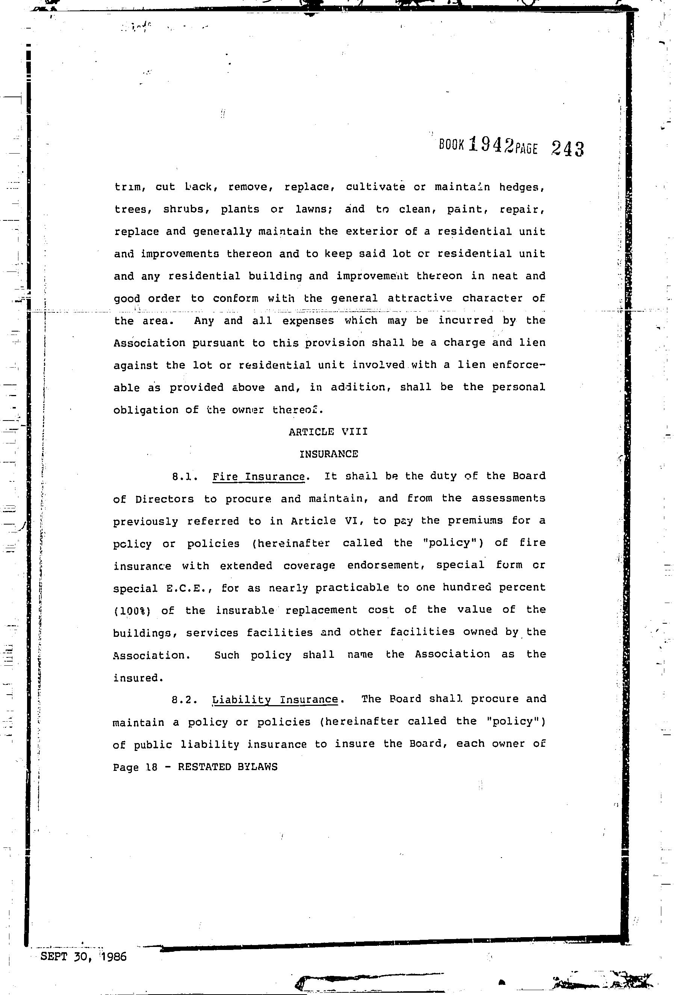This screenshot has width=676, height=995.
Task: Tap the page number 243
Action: click(x=567, y=149)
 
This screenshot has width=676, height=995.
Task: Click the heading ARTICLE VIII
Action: click(x=328, y=431)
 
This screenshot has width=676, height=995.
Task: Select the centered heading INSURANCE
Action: click(x=328, y=454)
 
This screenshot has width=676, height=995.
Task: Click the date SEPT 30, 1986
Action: click(x=83, y=956)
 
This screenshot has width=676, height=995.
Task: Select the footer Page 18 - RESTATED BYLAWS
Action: click(x=195, y=767)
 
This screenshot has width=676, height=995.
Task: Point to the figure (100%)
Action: click(x=132, y=611)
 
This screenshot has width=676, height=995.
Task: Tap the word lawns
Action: click(x=314, y=210)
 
